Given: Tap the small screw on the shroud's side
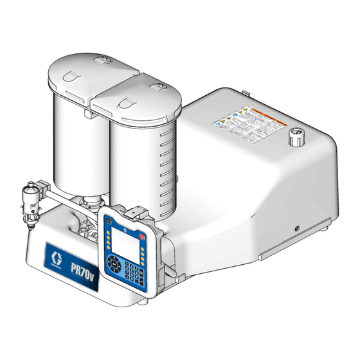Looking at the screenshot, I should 297,230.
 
